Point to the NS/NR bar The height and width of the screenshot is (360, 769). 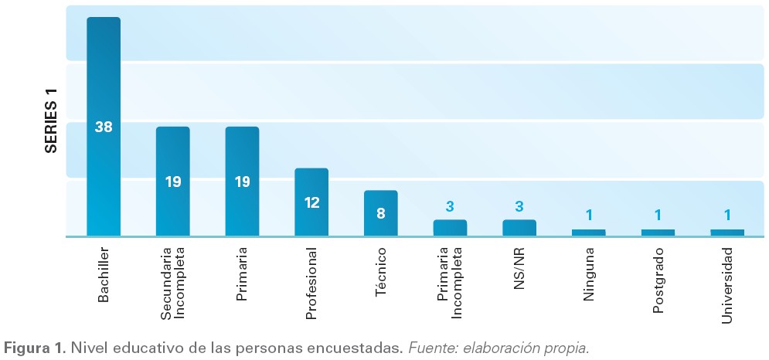519,227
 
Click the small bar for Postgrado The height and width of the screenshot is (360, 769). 658,232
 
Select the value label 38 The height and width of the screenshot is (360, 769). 104,127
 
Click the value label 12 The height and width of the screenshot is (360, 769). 311,203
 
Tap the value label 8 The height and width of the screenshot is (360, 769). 381,212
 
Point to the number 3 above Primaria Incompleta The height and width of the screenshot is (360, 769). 450,206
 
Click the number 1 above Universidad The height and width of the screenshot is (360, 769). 727,216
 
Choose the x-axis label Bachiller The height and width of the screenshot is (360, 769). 104,275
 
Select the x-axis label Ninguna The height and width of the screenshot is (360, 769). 590,273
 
